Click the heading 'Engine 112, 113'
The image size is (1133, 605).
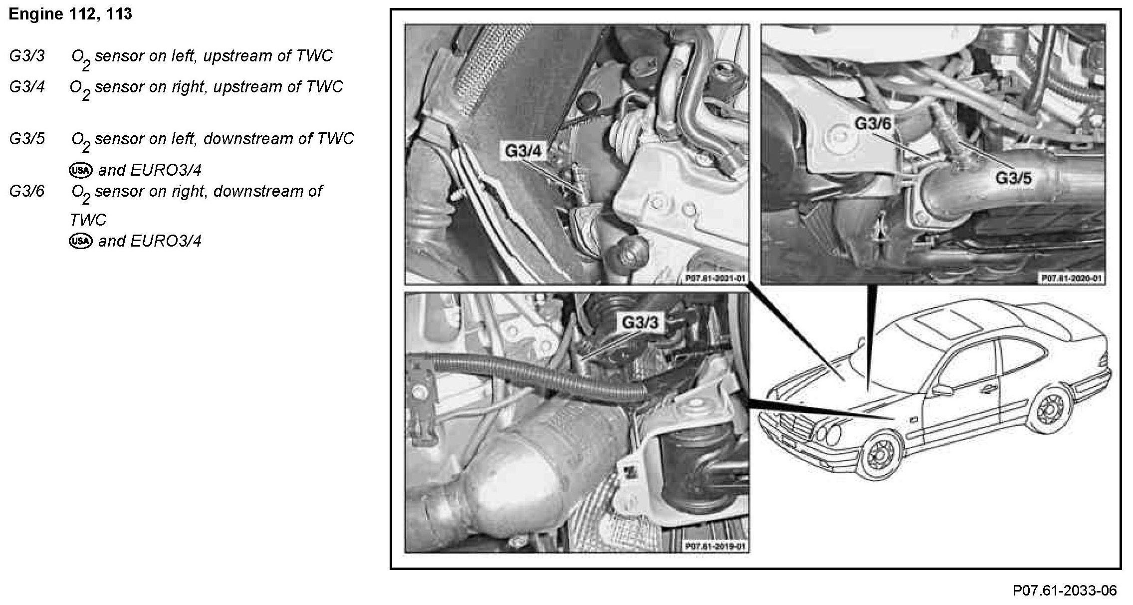point(70,14)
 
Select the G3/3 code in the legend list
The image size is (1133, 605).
point(27,56)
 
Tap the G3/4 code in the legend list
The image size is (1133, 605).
point(27,87)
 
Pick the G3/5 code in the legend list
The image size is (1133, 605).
point(27,139)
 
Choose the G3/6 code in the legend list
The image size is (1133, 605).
point(27,191)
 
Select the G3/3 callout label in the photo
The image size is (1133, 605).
point(640,322)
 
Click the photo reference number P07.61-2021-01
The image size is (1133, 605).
point(716,279)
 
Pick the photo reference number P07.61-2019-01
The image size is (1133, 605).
point(716,547)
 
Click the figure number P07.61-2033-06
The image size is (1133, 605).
point(1065,591)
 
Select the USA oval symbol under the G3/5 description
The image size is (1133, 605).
point(80,170)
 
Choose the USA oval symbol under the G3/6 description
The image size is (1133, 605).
point(80,241)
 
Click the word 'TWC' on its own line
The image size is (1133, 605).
point(88,220)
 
